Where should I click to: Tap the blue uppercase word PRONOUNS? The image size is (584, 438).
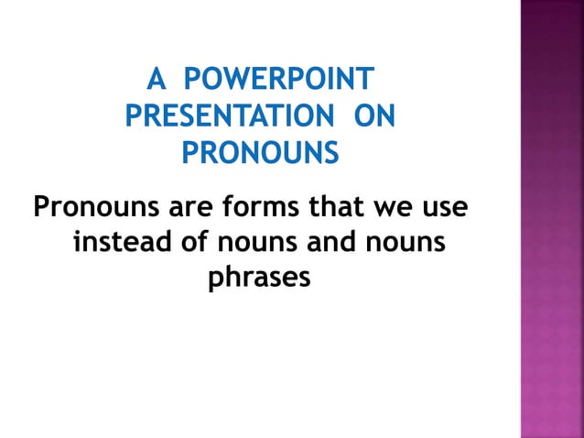[260, 153]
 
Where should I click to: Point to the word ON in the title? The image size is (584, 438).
[376, 117]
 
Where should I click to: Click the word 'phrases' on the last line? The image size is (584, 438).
[260, 278]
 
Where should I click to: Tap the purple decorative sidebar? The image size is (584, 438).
[552, 220]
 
